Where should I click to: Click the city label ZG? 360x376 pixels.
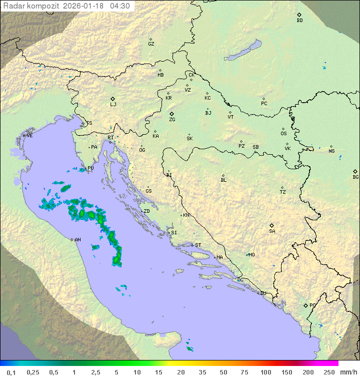coord(172,120)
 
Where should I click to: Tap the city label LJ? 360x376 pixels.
coord(113,105)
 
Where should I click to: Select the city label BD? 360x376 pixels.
coord(299,21)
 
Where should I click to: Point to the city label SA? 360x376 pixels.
coord(272,231)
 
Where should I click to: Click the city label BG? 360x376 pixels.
coord(355,177)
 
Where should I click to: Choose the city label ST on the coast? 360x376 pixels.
coord(198,245)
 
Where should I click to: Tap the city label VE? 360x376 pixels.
coord(29,136)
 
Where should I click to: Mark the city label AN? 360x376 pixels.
coord(77,240)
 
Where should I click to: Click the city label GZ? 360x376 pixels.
coord(151,44)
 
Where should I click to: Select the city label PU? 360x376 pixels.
coord(90,168)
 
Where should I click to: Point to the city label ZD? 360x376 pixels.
coord(146,211)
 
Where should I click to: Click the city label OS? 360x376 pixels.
coord(283,134)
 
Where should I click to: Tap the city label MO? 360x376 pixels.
coord(251,255)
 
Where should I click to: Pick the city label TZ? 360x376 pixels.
coord(283,192)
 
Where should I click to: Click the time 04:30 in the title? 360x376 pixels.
coord(120,6)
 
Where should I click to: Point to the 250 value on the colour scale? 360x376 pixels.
coord(329,372)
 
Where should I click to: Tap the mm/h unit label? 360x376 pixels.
coord(348,372)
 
